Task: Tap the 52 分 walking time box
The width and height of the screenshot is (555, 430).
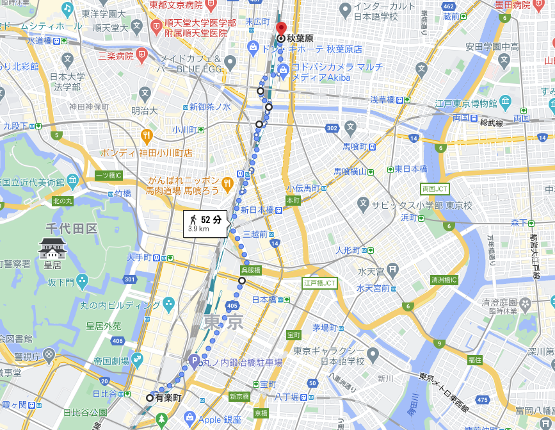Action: [205, 223]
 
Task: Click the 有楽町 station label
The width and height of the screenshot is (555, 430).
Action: [168, 398]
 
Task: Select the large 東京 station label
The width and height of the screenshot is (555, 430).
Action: [223, 322]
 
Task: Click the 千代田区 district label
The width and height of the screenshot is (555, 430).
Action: [70, 228]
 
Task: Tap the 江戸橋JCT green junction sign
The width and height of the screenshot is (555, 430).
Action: [319, 283]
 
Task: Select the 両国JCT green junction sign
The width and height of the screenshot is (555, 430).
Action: [435, 188]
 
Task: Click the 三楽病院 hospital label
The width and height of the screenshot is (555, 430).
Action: [115, 56]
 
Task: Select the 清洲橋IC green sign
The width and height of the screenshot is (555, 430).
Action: [444, 280]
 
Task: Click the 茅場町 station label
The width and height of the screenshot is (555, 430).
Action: [325, 327]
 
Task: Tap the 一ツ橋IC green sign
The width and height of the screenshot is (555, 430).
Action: [108, 175]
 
